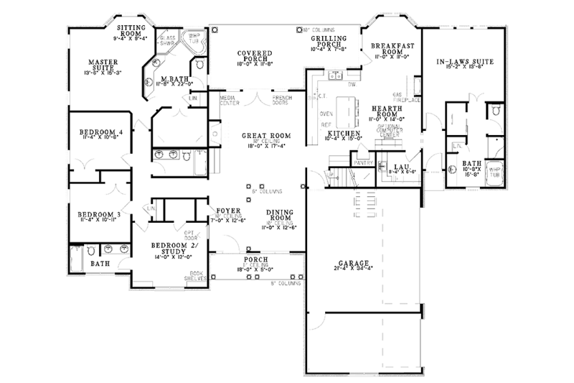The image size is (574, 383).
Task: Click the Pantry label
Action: point(362,162)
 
